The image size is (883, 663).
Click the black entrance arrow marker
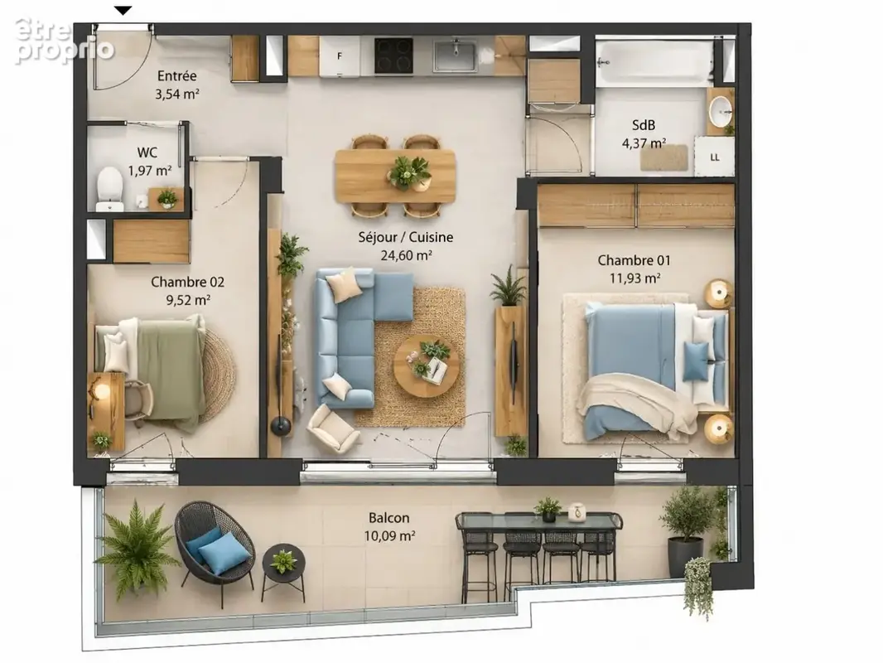pos(123,10)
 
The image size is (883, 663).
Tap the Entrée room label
pos(176,75)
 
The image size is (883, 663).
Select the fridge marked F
pos(340,56)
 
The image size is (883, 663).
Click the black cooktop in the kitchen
pos(394,56)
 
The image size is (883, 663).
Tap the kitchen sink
pos(455,56)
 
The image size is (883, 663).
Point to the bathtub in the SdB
pos(654,62)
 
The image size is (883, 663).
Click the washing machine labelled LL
pos(714,157)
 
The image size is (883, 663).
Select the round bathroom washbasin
pos(720,112)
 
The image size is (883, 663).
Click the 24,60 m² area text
pos(406,255)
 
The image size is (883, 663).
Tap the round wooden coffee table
pos(427,366)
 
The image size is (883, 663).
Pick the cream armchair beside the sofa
pos(332,427)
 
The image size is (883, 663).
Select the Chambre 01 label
pos(635,260)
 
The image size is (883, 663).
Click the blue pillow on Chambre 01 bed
pos(696,361)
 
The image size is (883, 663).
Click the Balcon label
pos(389,518)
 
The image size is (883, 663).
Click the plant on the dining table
pos(409,172)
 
